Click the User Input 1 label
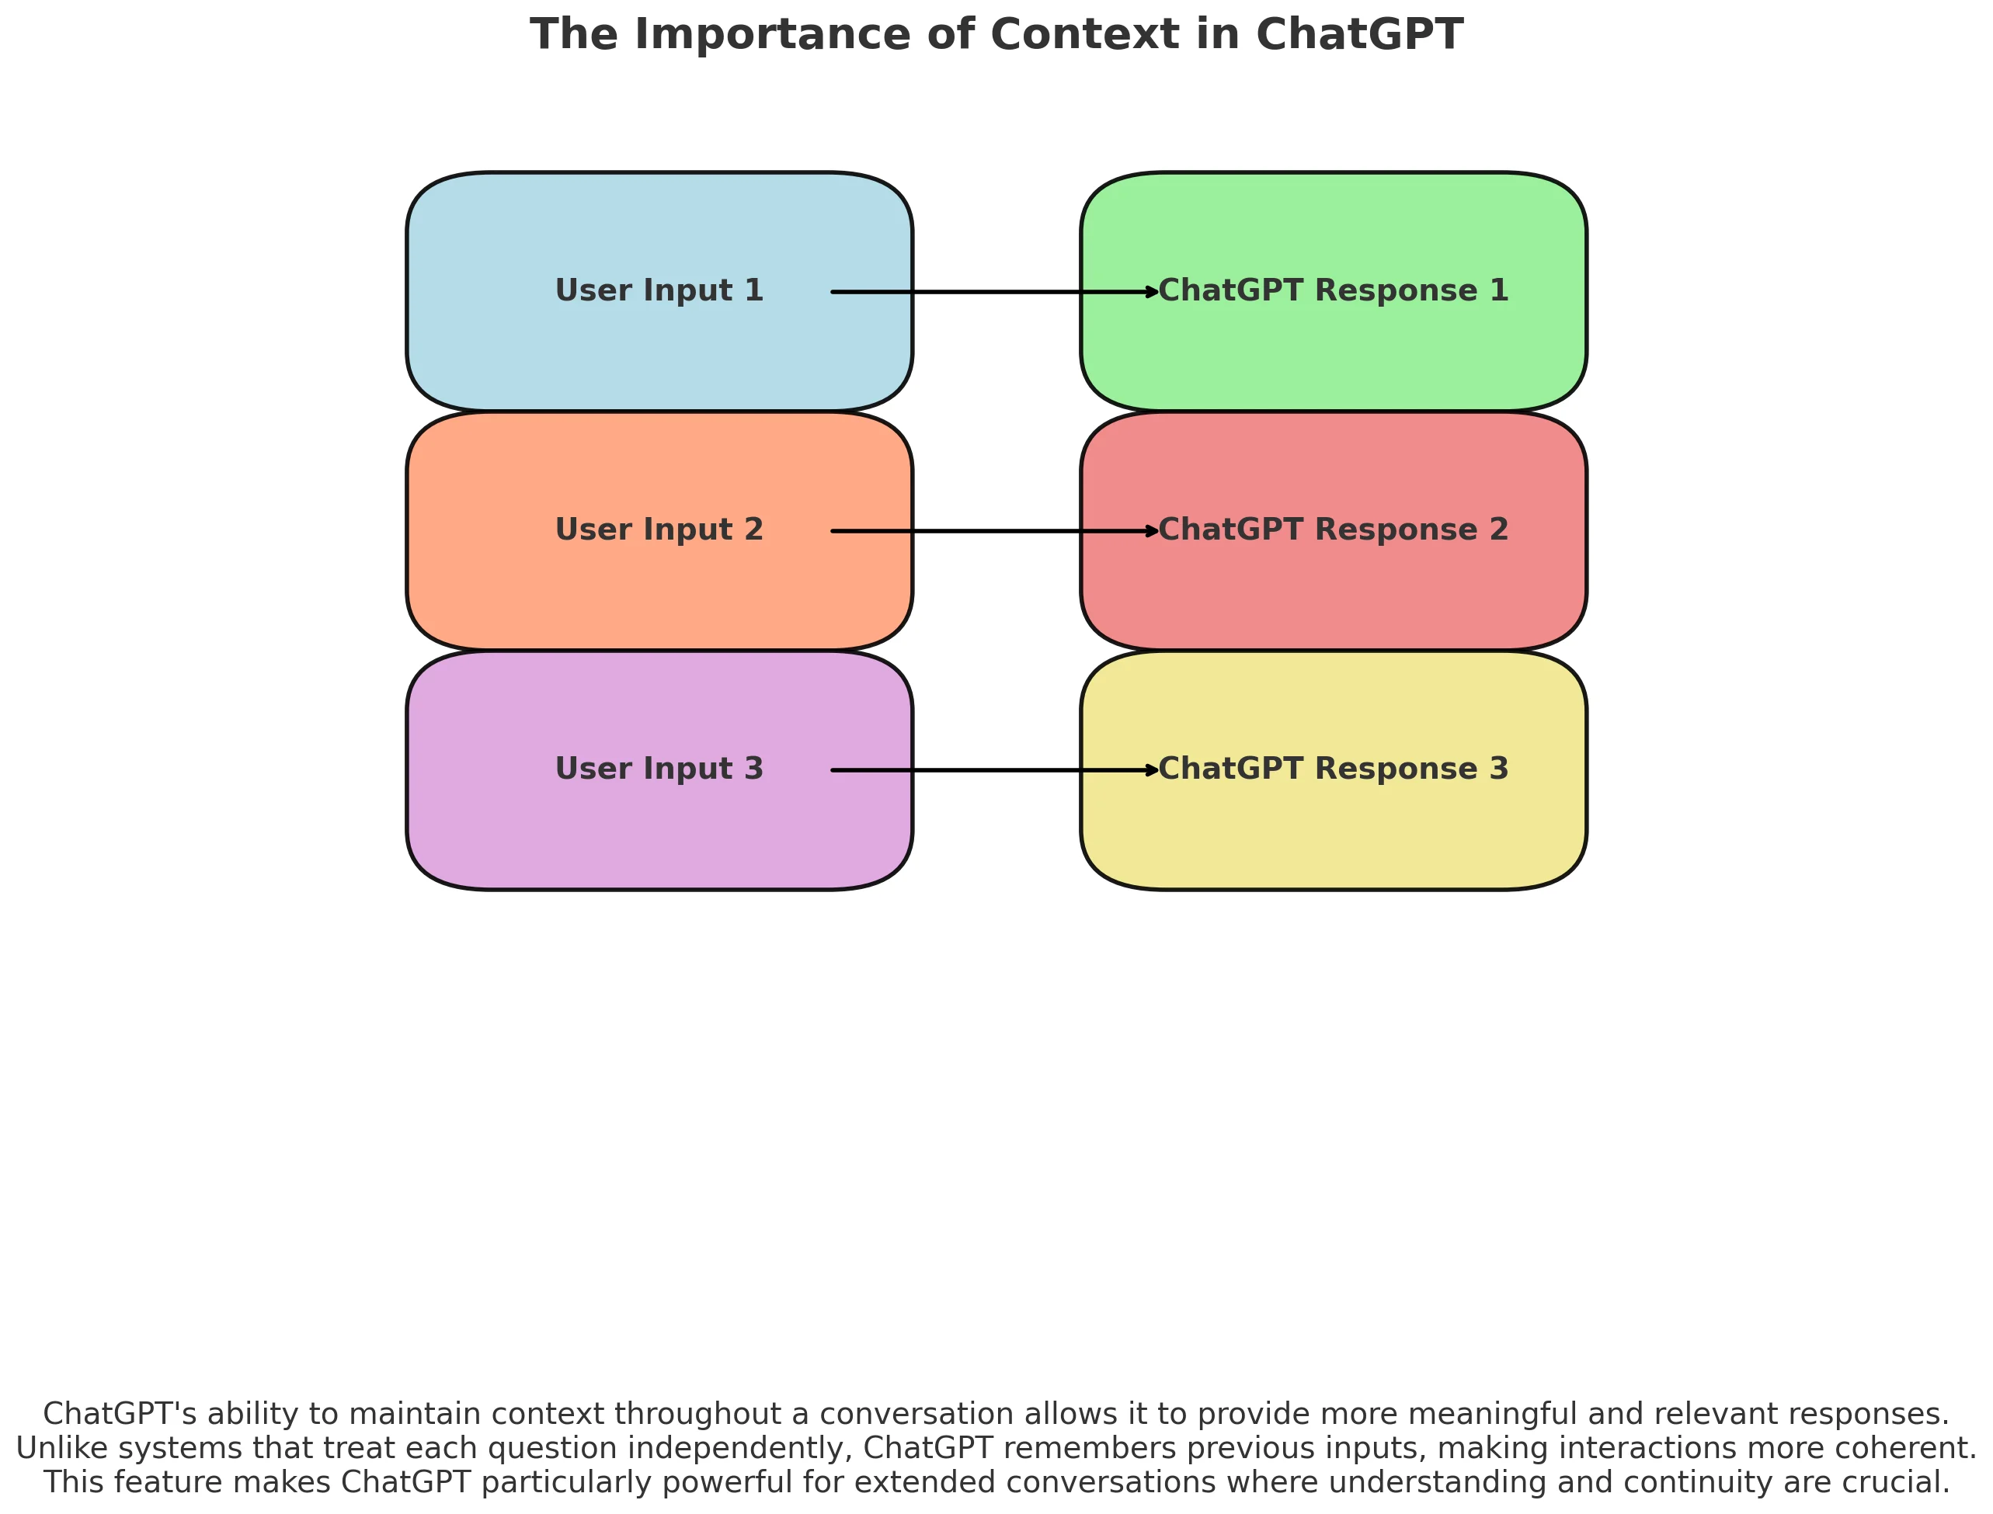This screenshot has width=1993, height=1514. pyautogui.click(x=659, y=291)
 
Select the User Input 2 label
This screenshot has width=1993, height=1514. pyautogui.click(x=659, y=530)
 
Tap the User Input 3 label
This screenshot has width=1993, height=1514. pyautogui.click(x=659, y=769)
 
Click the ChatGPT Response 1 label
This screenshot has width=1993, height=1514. pyautogui.click(x=1333, y=291)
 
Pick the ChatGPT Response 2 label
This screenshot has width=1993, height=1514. pyautogui.click(x=1333, y=530)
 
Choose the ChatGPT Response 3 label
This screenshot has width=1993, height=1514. pyautogui.click(x=1333, y=769)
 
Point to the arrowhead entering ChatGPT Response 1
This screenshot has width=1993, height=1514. pyautogui.click(x=1151, y=292)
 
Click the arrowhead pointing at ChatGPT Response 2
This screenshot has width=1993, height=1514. pyautogui.click(x=1151, y=531)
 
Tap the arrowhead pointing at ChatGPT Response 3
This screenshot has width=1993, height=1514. pyautogui.click(x=1151, y=769)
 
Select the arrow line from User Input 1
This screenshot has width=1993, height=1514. pyautogui.click(x=992, y=292)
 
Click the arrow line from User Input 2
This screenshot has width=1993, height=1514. pyautogui.click(x=992, y=531)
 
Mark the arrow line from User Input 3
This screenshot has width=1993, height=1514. pyautogui.click(x=992, y=769)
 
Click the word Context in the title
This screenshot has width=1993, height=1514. pyautogui.click(x=1084, y=35)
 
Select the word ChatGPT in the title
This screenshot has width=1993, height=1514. pyautogui.click(x=1359, y=35)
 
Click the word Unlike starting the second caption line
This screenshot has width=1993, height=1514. pyautogui.click(x=62, y=1448)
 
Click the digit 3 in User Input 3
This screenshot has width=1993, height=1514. pyautogui.click(x=753, y=769)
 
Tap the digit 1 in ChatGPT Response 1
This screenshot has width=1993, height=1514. pyautogui.click(x=1499, y=291)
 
